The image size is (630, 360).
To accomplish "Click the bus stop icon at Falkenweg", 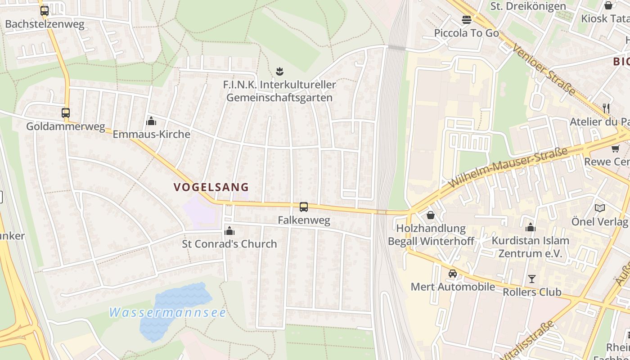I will tap(304, 207).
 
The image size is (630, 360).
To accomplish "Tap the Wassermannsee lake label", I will tap(167, 312).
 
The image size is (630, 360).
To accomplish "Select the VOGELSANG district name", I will tap(211, 187).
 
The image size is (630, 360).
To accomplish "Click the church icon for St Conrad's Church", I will tap(229, 231).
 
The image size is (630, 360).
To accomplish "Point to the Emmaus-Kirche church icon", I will tap(151, 121).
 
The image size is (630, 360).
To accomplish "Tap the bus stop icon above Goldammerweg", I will tap(66, 113).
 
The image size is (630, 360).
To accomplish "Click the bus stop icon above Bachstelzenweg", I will tap(44, 11).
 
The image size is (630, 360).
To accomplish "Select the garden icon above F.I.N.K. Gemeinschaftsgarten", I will tap(279, 71).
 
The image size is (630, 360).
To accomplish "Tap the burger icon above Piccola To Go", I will tap(466, 20).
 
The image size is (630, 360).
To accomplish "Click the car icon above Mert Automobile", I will tap(453, 274).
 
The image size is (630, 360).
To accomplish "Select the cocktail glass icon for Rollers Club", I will tap(532, 279).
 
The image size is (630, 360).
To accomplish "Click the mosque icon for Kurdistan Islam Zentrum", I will tap(531, 227).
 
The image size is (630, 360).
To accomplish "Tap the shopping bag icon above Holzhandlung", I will tap(431, 216).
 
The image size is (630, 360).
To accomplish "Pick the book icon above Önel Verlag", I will tap(599, 208).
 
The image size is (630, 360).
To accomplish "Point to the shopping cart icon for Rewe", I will tap(615, 148).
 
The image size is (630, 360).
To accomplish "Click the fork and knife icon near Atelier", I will tap(606, 108).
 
